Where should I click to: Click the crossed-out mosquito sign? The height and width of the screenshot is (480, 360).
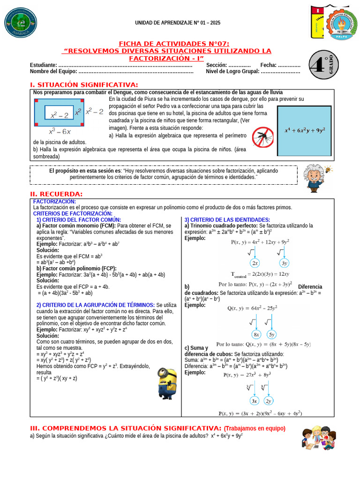click(263, 137)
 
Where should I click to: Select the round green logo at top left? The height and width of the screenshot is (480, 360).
click(18, 23)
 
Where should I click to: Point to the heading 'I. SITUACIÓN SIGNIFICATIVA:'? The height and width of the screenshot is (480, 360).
click(84, 84)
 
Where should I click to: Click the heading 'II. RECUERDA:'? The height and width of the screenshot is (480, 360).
click(56, 194)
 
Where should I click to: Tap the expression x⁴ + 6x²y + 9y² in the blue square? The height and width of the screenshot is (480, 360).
click(305, 130)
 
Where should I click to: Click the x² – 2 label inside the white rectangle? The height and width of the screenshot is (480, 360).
click(59, 114)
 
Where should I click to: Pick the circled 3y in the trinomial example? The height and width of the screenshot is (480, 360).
click(285, 263)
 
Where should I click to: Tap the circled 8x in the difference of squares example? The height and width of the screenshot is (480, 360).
click(256, 334)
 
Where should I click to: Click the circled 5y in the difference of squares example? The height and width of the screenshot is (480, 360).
click(272, 334)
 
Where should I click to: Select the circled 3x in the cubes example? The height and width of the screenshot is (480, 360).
click(255, 401)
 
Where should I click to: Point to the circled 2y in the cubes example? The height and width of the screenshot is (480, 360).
click(269, 401)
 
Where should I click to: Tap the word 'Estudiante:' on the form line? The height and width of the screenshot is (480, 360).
click(44, 65)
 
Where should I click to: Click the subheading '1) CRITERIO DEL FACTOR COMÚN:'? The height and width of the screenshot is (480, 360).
click(79, 220)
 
